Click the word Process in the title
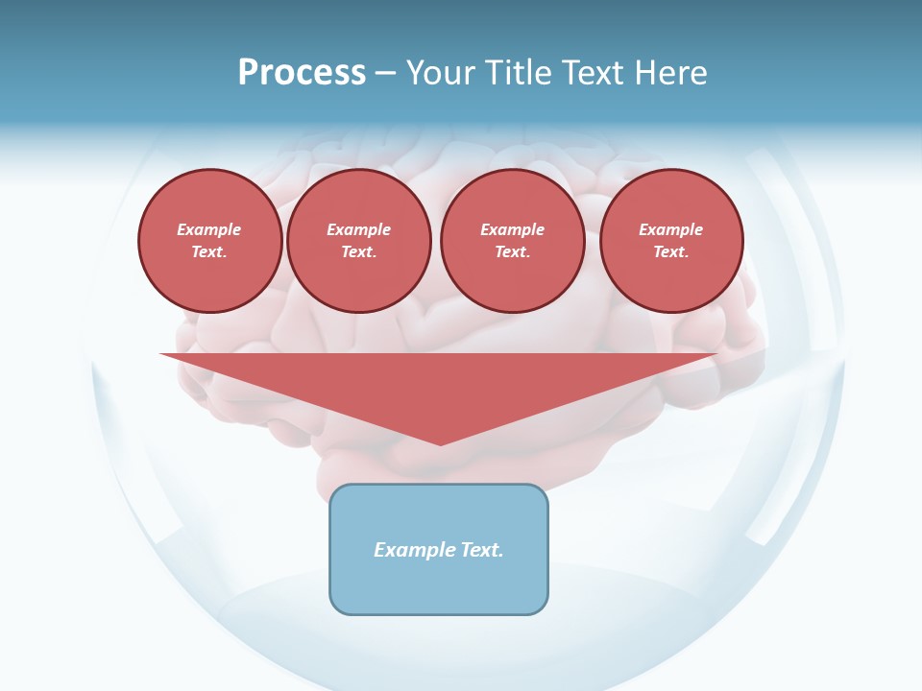pos(302,73)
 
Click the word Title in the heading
pos(519,73)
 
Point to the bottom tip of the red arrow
pos(440,443)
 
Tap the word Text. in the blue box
pos(480,550)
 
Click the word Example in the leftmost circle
pos(209,229)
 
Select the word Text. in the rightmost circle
pos(671,251)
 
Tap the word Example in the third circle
pos(512,229)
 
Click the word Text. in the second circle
pos(358,251)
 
